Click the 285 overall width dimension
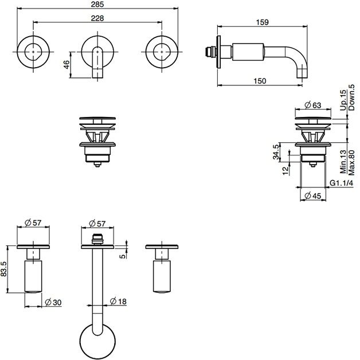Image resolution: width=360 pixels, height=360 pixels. (x=97, y=4)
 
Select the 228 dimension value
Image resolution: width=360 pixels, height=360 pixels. (x=97, y=18)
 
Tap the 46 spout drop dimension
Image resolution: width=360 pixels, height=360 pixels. (x=66, y=65)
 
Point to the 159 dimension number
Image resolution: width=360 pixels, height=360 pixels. (x=263, y=22)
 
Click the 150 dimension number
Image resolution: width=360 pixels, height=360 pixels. (x=260, y=81)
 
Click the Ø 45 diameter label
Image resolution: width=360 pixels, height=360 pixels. (x=312, y=196)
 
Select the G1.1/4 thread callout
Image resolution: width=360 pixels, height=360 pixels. (x=342, y=183)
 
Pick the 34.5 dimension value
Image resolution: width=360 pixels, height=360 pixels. (x=276, y=151)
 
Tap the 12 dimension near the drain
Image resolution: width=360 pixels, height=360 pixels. (x=285, y=171)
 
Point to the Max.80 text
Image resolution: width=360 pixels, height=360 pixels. (x=351, y=163)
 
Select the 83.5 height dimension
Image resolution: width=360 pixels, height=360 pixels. (x=3, y=269)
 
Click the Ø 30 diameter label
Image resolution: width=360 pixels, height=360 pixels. (x=53, y=302)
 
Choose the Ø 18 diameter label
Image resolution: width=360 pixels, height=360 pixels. (x=118, y=301)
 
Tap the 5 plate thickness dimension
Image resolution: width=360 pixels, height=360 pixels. (x=123, y=256)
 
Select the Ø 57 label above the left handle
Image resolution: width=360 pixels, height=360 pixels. (x=33, y=222)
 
